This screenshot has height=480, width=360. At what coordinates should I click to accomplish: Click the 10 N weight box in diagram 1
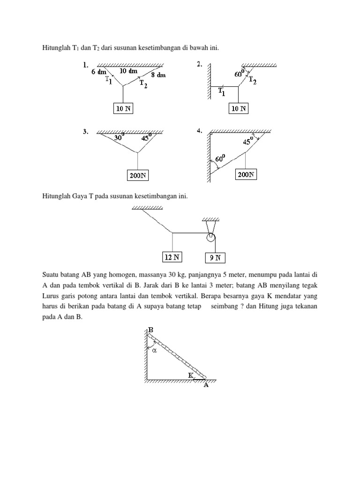pyautogui.click(x=123, y=109)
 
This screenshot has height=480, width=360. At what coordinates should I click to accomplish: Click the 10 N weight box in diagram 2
pyautogui.click(x=238, y=109)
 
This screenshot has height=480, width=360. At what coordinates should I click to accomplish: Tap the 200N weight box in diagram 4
pyautogui.click(x=246, y=175)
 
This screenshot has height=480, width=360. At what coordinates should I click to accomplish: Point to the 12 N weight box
pyautogui.click(x=172, y=257)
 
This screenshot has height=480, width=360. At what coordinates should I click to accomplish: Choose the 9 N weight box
pyautogui.click(x=216, y=258)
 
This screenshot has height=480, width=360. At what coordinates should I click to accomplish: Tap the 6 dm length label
pyautogui.click(x=99, y=72)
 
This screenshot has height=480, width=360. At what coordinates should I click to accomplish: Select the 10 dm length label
pyautogui.click(x=128, y=71)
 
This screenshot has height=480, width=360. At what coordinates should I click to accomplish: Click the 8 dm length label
pyautogui.click(x=158, y=75)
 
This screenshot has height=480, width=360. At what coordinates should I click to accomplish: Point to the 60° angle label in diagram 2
pyautogui.click(x=240, y=74)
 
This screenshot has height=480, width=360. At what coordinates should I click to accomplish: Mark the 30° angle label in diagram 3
pyautogui.click(x=119, y=138)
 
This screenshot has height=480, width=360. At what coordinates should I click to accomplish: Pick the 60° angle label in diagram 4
pyautogui.click(x=222, y=158)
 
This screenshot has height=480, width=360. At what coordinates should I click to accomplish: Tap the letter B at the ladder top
pyautogui.click(x=150, y=330)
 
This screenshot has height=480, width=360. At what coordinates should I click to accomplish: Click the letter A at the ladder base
pyautogui.click(x=206, y=385)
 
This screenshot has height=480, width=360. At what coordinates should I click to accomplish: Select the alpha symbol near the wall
pyautogui.click(x=154, y=349)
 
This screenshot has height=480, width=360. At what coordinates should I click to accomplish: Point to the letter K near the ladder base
pyautogui.click(x=191, y=375)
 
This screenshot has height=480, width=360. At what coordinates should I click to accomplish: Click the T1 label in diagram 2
pyautogui.click(x=221, y=93)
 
